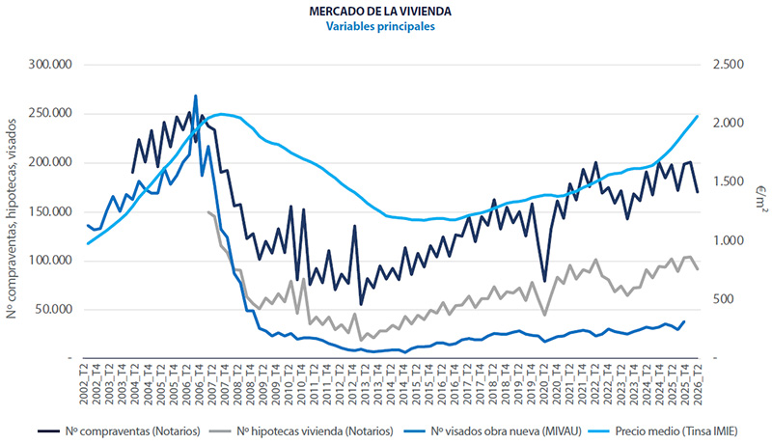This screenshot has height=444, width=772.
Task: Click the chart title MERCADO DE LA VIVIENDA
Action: [x=380, y=11]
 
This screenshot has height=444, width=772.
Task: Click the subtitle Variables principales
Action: [x=380, y=26]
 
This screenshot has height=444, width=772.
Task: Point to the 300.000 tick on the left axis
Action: [x=50, y=65]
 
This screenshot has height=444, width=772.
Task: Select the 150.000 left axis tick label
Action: [x=50, y=211]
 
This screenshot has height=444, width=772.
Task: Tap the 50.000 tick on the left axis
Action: [x=53, y=309]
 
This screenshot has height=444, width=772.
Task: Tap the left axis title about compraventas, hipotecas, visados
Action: [x=12, y=218]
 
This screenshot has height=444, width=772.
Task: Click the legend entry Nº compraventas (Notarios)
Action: [x=119, y=431]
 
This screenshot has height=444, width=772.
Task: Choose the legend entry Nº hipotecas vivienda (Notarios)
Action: [x=301, y=431]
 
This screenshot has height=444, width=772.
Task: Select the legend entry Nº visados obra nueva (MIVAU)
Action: [x=492, y=431]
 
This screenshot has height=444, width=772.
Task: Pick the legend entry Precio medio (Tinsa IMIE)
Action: [x=663, y=431]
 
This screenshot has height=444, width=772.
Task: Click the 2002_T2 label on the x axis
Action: [x=84, y=384]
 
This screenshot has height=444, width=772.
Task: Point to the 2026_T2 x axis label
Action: [x=698, y=384]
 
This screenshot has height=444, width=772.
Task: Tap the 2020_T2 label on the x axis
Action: [x=544, y=384]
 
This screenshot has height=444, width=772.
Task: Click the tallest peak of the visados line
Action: [x=196, y=96]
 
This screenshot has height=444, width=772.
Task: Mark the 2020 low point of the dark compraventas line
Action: [x=544, y=281]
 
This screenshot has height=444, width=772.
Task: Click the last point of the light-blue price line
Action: [x=698, y=116]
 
